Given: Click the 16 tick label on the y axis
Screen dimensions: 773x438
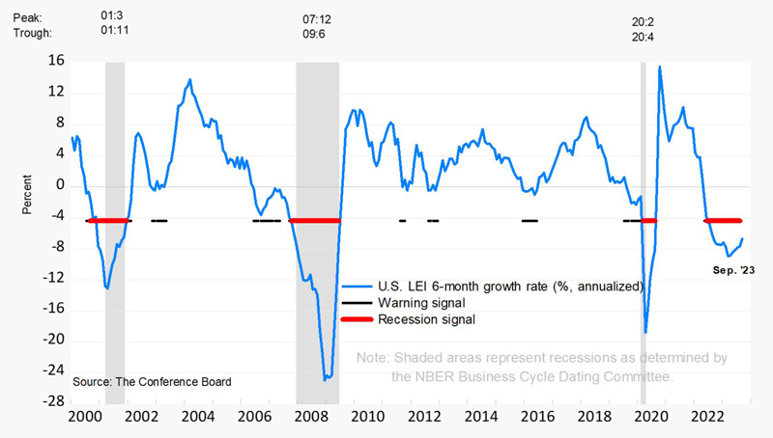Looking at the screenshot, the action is (x=56, y=61).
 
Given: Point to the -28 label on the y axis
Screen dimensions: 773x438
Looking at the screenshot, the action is (x=53, y=401).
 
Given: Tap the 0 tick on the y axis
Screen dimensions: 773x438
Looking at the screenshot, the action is (x=60, y=184).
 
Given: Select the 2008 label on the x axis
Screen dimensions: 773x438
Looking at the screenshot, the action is (x=311, y=417).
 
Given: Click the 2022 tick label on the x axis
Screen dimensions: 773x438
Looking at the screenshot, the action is (x=707, y=417).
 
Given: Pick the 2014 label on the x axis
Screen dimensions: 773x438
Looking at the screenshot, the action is (x=481, y=417).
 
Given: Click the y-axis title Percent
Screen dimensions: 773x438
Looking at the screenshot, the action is (x=27, y=194).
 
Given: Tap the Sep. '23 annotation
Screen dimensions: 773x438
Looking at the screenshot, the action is (x=733, y=270).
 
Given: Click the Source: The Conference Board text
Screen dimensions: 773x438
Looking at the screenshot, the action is (x=152, y=382).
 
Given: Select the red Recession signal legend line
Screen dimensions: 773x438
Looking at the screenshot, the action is (x=357, y=319).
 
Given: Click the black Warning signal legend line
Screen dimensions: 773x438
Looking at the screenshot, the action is (x=357, y=303).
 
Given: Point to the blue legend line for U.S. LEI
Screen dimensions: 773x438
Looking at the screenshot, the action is (x=357, y=287).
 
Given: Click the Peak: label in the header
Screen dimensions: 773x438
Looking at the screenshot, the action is (x=28, y=18).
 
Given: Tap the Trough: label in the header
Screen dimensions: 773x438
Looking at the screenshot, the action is (x=33, y=33).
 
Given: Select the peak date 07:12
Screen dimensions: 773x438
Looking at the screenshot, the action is (x=317, y=19).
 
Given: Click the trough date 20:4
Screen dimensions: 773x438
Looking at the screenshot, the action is (x=643, y=37).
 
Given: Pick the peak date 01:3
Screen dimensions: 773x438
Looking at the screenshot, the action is (x=112, y=15).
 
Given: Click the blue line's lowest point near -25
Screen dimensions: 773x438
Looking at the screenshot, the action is (x=325, y=380).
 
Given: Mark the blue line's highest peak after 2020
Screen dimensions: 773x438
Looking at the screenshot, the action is (x=660, y=67).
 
